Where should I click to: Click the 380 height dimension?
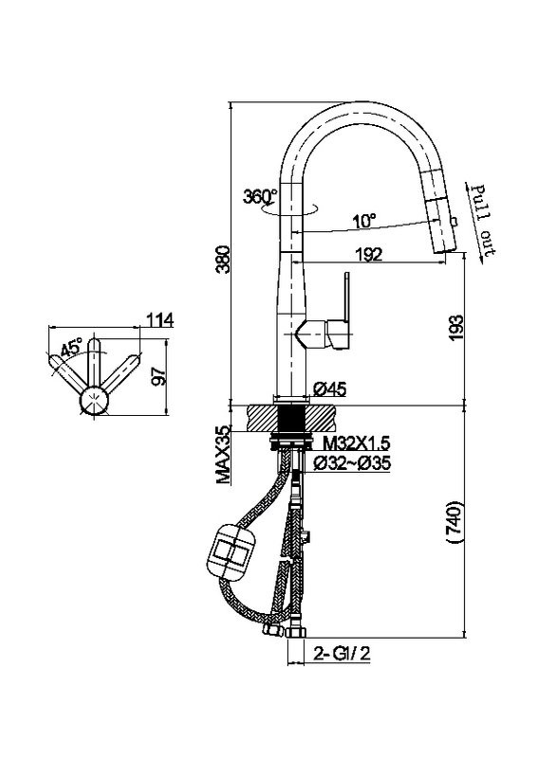(223, 259)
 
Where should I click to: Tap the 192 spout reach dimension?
(369, 254)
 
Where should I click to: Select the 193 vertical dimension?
(455, 328)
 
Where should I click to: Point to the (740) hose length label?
(454, 522)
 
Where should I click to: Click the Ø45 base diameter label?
(330, 388)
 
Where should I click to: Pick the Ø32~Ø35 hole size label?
(352, 463)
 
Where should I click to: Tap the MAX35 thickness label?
(223, 455)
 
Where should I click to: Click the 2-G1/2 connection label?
(342, 654)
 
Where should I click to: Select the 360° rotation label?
(260, 196)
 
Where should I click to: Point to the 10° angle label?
(364, 221)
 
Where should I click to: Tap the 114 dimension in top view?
(159, 319)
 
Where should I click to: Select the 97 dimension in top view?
(158, 376)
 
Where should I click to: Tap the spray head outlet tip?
(441, 249)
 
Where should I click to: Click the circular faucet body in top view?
(94, 401)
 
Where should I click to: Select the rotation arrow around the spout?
(289, 210)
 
